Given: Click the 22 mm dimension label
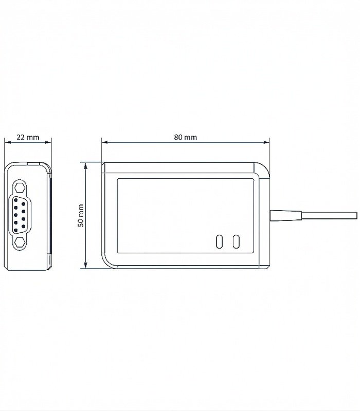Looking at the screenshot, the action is pos(28,137).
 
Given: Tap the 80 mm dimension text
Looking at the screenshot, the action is pos(186,137).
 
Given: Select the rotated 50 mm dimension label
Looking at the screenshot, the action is pos(81,215).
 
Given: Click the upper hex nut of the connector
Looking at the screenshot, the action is pos(20,188).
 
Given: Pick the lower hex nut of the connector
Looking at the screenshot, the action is pos(20,242).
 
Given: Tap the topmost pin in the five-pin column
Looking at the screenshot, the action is pos(16,200).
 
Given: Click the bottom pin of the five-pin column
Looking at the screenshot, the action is pos(16,230).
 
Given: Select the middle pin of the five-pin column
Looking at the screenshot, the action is pos(16,215).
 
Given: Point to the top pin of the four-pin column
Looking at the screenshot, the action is pos(24,203).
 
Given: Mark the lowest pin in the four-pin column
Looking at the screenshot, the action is pos(24,226).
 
